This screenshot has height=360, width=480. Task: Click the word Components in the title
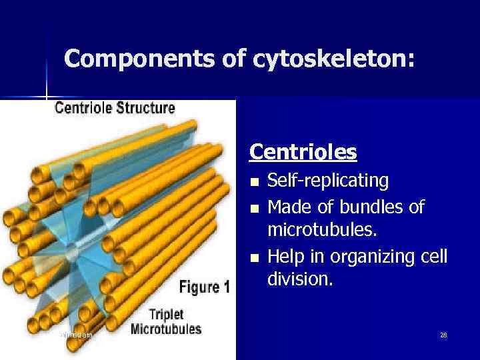click(123, 59)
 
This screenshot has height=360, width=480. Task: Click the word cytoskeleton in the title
click(333, 59)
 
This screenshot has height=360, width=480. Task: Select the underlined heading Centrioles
click(303, 153)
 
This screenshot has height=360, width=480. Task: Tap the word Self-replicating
click(328, 181)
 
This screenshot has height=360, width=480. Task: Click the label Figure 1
click(205, 287)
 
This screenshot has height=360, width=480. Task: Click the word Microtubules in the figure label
click(166, 329)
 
